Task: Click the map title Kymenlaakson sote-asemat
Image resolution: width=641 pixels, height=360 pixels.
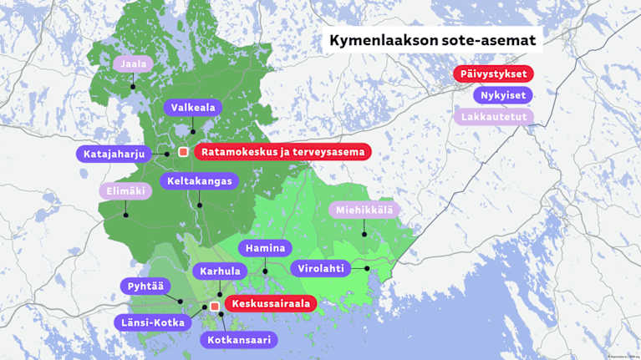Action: (x=430, y=40)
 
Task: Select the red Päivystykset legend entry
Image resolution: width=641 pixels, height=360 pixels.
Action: (x=493, y=74)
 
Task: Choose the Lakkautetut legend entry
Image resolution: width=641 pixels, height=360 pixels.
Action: (x=493, y=116)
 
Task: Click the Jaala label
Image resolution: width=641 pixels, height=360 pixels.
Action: (x=134, y=63)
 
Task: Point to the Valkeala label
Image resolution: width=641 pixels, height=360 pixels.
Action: (x=193, y=108)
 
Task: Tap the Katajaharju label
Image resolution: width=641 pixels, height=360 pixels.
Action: (x=114, y=155)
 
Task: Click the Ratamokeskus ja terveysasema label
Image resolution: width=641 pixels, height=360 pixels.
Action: (x=283, y=152)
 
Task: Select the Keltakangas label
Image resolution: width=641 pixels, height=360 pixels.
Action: (x=199, y=180)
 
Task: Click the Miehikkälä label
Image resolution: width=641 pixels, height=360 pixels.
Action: (x=364, y=210)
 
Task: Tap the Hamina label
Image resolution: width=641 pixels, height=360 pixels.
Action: (x=265, y=248)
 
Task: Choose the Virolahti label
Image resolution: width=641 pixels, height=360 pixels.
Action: (x=320, y=269)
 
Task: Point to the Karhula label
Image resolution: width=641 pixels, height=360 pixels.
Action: (x=220, y=271)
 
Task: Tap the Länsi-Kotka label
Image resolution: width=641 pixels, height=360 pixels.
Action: (x=150, y=322)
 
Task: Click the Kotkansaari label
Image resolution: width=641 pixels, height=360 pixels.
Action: (x=238, y=340)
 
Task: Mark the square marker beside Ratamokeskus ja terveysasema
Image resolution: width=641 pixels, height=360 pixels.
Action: (x=183, y=152)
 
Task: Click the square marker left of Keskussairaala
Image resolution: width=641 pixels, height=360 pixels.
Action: (x=215, y=307)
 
